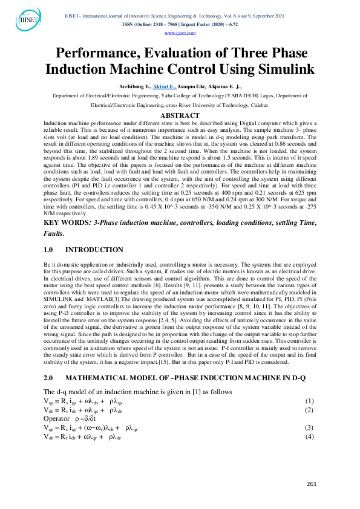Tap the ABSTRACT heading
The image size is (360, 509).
click(179, 115)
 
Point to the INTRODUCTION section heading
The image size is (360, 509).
click(94, 250)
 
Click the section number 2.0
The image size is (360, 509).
click(50, 377)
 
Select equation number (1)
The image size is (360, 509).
click(309, 401)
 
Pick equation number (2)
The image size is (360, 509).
click(309, 410)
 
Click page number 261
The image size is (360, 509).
click(312, 484)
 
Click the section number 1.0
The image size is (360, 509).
click(50, 250)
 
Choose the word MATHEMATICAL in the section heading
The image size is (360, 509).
click(96, 377)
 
